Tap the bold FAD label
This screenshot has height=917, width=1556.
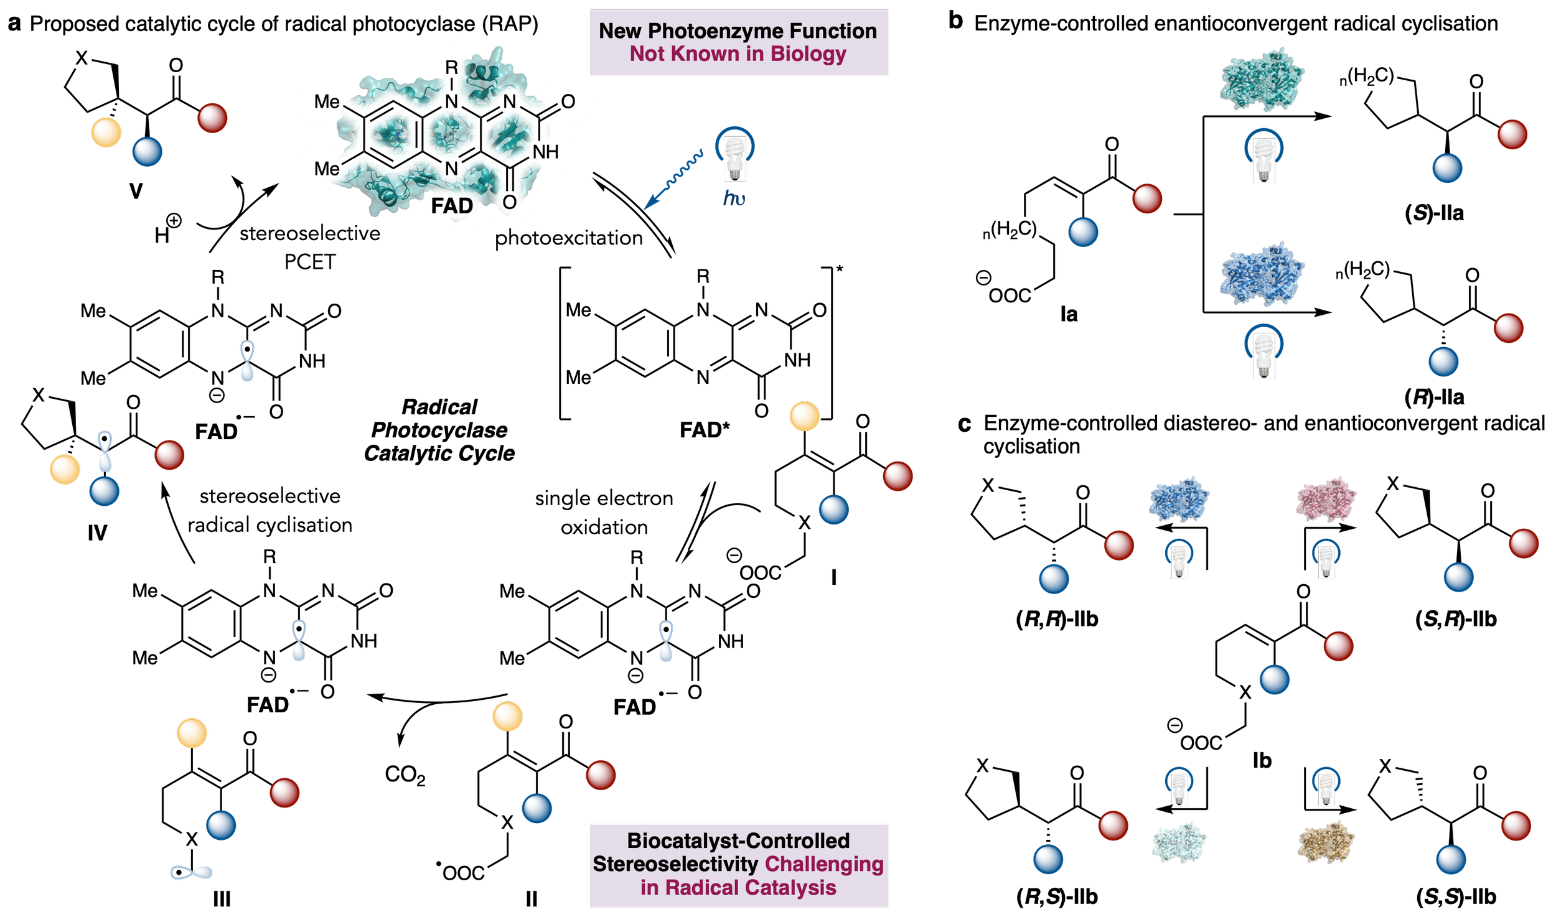tap(452, 206)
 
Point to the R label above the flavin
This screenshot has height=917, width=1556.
tap(452, 67)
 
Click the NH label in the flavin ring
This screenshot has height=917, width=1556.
tap(545, 152)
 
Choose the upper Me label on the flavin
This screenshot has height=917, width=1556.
tap(327, 101)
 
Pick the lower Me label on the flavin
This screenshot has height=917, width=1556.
tap(327, 169)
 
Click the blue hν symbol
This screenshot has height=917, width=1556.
tap(734, 198)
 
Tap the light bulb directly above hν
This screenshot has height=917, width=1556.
tap(734, 156)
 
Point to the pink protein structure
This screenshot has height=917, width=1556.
tap(1326, 500)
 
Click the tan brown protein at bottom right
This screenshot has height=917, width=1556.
tap(1326, 842)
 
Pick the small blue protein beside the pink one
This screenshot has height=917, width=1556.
tap(1179, 500)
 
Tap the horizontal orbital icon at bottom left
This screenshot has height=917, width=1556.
tap(192, 873)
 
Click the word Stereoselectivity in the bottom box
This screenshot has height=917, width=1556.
tap(675, 864)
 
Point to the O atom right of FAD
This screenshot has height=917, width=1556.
tap(509, 202)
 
